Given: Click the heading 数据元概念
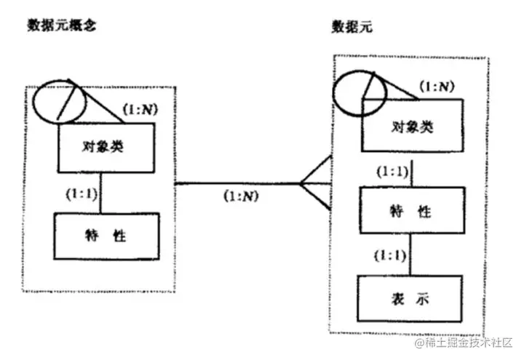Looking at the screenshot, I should [x=62, y=24].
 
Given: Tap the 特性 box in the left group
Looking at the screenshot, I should [x=106, y=237].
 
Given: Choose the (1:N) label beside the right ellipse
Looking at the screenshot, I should [x=436, y=88].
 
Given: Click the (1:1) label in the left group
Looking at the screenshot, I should [x=79, y=195].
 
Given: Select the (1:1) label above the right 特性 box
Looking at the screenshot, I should [x=391, y=172].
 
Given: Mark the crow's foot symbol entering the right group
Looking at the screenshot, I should [x=314, y=184].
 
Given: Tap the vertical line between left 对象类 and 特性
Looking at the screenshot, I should [x=101, y=193].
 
